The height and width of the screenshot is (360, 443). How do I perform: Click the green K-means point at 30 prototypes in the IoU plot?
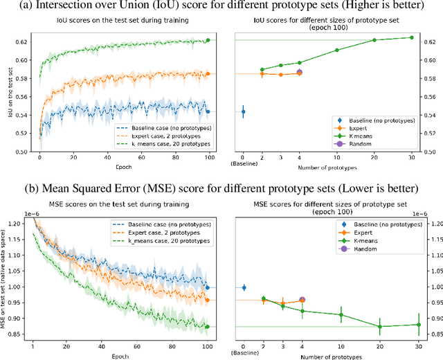pos(411,37)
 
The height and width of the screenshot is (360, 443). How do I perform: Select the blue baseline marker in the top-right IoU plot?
pos(243,111)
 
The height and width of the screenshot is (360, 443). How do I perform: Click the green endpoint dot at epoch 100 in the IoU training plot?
pos(208,40)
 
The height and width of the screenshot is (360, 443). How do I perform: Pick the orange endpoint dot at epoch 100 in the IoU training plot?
pos(208,73)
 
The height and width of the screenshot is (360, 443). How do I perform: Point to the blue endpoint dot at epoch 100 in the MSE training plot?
pos(208,287)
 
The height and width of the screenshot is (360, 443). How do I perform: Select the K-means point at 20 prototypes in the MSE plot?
pos(379,327)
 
